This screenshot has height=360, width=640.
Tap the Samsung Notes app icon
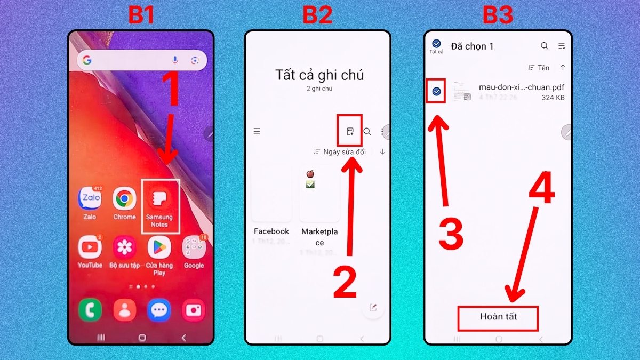point(159,199)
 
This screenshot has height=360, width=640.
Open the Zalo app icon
point(90,199)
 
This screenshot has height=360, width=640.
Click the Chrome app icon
point(124,199)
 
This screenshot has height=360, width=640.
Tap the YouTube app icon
point(90,247)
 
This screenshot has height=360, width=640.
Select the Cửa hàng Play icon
point(159,247)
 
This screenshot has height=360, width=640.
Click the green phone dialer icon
point(90,310)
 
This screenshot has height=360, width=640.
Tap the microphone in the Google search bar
point(175,60)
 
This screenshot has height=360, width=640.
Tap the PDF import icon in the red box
point(350,131)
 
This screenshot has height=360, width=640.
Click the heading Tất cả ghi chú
point(319,75)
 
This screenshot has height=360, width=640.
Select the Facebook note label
point(271,231)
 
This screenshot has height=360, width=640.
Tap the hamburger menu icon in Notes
point(257,131)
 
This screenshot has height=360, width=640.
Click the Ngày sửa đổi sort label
point(345,152)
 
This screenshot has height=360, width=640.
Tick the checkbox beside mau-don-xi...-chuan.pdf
point(437,92)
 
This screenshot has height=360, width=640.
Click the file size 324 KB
point(553,98)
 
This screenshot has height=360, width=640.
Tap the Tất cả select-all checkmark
point(436,44)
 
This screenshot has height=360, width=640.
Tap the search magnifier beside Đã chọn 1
point(545,46)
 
